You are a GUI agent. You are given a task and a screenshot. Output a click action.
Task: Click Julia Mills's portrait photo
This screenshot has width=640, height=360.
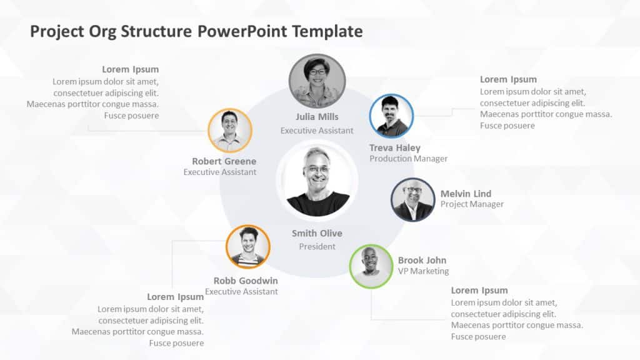(x=317, y=81)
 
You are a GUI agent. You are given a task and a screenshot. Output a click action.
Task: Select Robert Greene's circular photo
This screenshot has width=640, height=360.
(x=229, y=131)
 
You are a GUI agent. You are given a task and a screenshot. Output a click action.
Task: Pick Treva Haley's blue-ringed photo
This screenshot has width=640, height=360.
(x=391, y=116)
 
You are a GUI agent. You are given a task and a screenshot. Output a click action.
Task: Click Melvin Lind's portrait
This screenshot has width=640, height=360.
(x=412, y=200)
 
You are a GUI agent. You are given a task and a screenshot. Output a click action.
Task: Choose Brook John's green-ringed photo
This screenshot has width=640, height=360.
(x=371, y=266)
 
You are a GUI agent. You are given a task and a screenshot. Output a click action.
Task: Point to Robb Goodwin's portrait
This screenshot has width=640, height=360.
(x=247, y=247)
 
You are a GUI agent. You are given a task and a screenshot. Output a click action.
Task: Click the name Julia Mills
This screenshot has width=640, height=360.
(x=317, y=117)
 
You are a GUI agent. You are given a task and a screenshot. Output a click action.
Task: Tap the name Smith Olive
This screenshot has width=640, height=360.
(x=317, y=233)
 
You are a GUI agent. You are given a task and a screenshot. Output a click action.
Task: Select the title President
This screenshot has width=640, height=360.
(x=317, y=247)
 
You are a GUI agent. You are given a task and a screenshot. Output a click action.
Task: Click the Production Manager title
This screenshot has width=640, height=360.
(x=408, y=159)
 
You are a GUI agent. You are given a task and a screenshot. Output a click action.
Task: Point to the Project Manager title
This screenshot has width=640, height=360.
(x=472, y=204)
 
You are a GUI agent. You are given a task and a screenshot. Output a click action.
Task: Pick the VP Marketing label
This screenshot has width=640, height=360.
(x=423, y=271)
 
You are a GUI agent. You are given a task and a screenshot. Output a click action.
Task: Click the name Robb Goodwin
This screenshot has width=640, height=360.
(x=246, y=281)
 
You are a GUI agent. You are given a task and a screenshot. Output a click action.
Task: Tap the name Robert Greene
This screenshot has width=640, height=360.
(x=224, y=161)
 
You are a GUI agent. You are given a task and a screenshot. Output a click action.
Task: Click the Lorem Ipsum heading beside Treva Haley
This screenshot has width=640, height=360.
(x=508, y=79)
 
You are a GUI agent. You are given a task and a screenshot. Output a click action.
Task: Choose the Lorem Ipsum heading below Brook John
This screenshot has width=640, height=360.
(x=479, y=290)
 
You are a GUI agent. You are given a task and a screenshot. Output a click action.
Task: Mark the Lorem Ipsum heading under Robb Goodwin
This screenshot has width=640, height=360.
(x=175, y=297)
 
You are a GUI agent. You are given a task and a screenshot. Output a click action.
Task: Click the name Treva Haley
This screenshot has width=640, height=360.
(x=394, y=148)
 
